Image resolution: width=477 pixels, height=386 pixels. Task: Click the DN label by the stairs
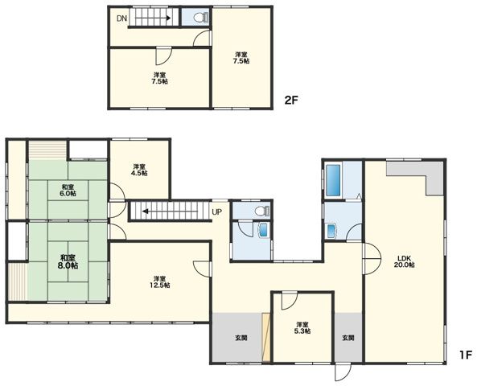coord(121,18)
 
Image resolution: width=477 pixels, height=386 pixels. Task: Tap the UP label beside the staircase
coord(217,212)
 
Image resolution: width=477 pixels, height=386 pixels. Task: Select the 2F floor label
coord(290,100)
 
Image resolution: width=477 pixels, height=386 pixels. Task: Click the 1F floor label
coord(465,355)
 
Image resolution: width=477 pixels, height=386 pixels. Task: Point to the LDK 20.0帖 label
coord(405,261)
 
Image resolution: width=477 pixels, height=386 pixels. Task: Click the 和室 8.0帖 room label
coord(68,261)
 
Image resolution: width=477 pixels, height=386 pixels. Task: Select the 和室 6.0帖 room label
coord(68,190)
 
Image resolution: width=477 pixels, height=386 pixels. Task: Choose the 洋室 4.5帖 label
coord(139,170)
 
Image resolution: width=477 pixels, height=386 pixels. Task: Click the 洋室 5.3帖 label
coord(302,327)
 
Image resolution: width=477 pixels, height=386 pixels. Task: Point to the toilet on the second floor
coord(201,18)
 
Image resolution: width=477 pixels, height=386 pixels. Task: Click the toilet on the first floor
coord(262,210)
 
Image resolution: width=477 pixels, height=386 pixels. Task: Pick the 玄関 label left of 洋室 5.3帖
coord(241,338)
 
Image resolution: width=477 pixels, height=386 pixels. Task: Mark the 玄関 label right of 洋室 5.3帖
coord(348,338)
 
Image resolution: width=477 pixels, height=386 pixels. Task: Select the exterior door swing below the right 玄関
coord(343,372)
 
